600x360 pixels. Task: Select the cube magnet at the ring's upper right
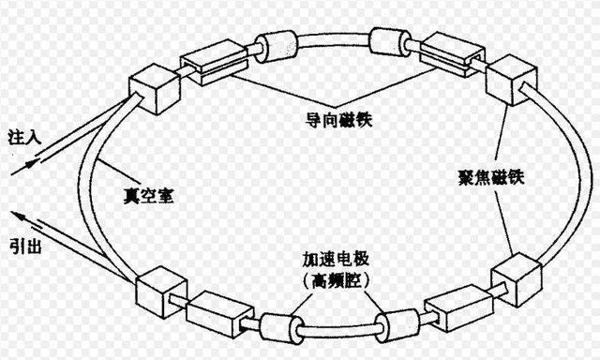(x=511, y=77)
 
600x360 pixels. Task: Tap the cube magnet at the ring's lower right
(x=517, y=277)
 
